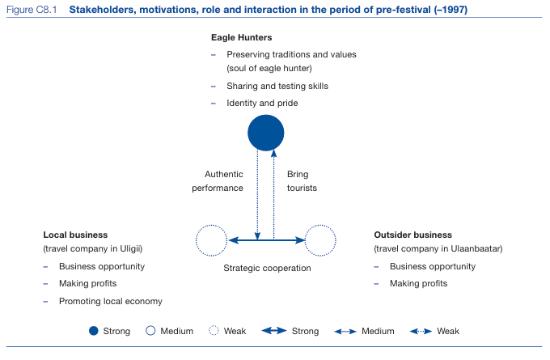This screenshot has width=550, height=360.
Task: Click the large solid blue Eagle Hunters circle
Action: (266, 133)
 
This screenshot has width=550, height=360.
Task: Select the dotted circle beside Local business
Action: (196, 240)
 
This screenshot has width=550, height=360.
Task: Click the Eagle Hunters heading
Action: (241, 37)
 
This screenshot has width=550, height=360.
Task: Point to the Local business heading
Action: (75, 235)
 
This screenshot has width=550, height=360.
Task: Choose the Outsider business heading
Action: (412, 235)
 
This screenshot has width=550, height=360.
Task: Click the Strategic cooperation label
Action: (267, 268)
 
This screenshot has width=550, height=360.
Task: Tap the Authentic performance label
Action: (218, 181)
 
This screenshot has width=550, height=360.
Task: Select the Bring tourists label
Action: (302, 181)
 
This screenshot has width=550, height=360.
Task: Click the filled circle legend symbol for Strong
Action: (94, 331)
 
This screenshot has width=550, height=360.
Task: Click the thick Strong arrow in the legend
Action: (274, 331)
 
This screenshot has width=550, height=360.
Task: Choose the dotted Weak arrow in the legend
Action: (421, 331)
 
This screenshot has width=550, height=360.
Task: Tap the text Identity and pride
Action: (262, 104)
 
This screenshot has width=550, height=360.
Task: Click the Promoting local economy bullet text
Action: (111, 302)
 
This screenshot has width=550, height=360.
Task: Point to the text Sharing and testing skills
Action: (277, 86)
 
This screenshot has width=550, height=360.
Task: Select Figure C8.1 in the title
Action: (32, 10)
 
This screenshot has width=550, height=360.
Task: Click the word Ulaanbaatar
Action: (476, 249)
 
